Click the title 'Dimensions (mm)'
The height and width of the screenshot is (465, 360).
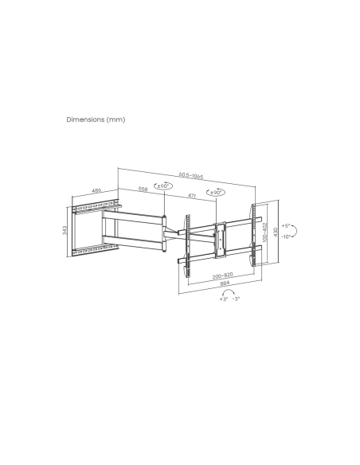click(96, 119)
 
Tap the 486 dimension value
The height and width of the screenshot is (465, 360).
click(96, 191)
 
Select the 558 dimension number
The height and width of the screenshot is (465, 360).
click(143, 190)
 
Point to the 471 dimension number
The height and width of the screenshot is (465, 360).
click(192, 195)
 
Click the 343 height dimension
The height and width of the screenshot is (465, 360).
click(63, 230)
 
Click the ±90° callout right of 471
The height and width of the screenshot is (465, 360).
click(215, 193)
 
